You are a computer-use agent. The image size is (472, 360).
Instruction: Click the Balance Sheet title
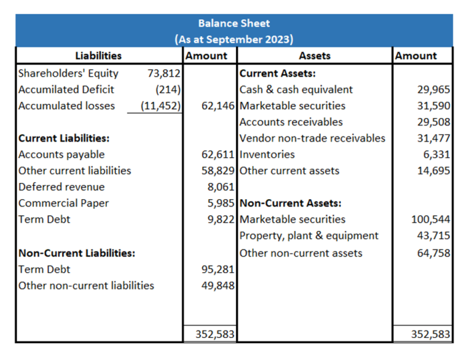(x=234, y=23)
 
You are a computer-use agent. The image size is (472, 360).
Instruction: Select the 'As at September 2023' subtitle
(x=234, y=39)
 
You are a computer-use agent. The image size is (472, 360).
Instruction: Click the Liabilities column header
(x=98, y=55)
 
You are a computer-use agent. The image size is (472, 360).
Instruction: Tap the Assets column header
(x=314, y=55)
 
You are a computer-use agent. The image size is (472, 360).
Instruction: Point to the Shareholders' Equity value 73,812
(x=163, y=73)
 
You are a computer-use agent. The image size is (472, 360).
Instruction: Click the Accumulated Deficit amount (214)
(x=167, y=89)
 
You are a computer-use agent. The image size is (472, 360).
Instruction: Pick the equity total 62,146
(x=218, y=106)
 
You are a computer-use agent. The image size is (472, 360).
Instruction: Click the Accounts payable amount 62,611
(x=218, y=154)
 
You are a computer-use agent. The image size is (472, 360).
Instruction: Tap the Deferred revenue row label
(x=61, y=187)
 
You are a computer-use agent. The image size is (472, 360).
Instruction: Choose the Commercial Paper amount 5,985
(x=221, y=203)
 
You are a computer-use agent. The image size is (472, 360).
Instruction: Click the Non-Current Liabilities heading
(x=77, y=252)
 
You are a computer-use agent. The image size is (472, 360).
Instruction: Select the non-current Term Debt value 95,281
(x=218, y=269)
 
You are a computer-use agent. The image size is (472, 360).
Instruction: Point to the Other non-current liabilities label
(x=86, y=285)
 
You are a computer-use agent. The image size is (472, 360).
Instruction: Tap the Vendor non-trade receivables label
(x=312, y=138)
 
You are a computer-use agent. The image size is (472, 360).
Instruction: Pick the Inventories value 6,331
(x=437, y=154)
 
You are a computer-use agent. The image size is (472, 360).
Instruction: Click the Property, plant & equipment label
(x=309, y=235)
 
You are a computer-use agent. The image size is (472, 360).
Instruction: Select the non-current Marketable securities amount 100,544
(x=431, y=219)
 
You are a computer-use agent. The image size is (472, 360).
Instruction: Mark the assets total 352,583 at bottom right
(x=430, y=335)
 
